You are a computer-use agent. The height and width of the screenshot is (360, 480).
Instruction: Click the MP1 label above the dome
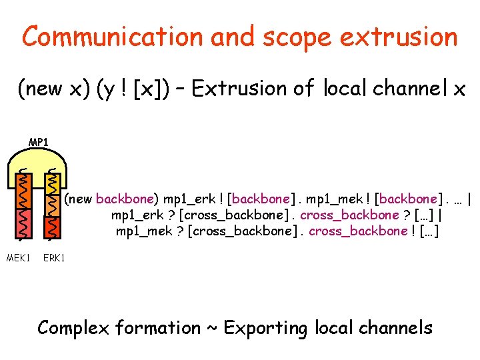[x=38, y=142]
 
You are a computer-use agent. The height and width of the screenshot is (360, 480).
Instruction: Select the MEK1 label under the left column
[x=18, y=257]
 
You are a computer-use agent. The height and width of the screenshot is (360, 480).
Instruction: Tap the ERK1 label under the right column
[x=54, y=257]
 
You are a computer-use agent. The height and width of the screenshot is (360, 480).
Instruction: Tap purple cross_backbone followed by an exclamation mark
[x=357, y=231]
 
